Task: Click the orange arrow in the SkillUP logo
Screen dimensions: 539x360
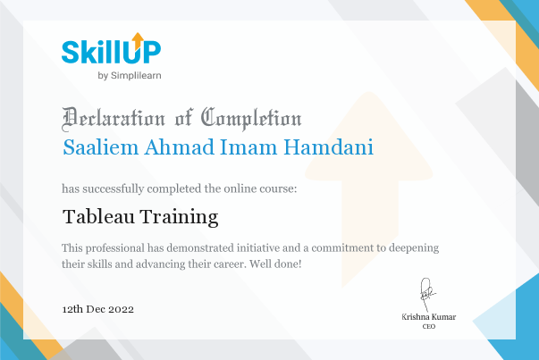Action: (138, 40)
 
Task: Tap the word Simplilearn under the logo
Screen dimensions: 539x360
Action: (136, 76)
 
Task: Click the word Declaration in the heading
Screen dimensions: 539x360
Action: (114, 119)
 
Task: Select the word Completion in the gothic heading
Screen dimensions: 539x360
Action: (251, 119)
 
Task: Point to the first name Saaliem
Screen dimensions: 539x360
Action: (100, 147)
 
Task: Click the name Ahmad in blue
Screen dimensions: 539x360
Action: (179, 147)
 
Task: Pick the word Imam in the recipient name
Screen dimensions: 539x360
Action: (248, 147)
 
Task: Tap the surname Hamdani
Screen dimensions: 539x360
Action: (329, 147)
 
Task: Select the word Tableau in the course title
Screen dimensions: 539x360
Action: (98, 216)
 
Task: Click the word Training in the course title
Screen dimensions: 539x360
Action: (179, 217)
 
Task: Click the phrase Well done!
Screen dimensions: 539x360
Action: (275, 264)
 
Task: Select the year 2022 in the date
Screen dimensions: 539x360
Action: (121, 309)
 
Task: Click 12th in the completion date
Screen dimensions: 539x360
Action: (72, 309)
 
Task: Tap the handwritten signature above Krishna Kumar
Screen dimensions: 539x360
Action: (427, 295)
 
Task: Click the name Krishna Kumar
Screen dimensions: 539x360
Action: (429, 317)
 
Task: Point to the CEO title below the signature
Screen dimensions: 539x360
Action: (429, 326)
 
